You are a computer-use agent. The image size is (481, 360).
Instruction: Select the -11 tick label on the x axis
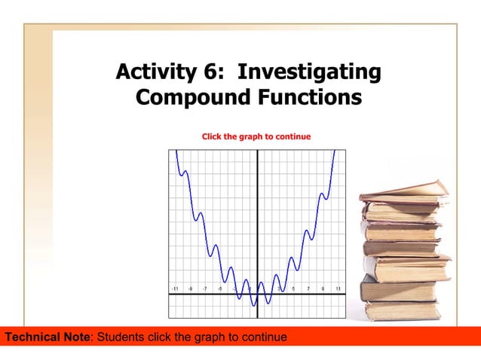[175, 288]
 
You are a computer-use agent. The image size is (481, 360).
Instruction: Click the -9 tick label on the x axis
[190, 288]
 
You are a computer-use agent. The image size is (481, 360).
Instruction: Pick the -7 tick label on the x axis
[205, 288]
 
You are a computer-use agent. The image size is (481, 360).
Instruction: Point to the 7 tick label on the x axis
[308, 288]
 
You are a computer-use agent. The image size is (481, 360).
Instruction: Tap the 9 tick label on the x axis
[323, 288]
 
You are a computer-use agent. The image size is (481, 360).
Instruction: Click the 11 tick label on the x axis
[339, 288]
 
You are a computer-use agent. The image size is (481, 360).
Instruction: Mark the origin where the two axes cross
[258, 294]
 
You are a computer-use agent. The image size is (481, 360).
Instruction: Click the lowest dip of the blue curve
[254, 305]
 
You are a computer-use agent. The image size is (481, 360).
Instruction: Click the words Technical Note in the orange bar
[47, 337]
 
